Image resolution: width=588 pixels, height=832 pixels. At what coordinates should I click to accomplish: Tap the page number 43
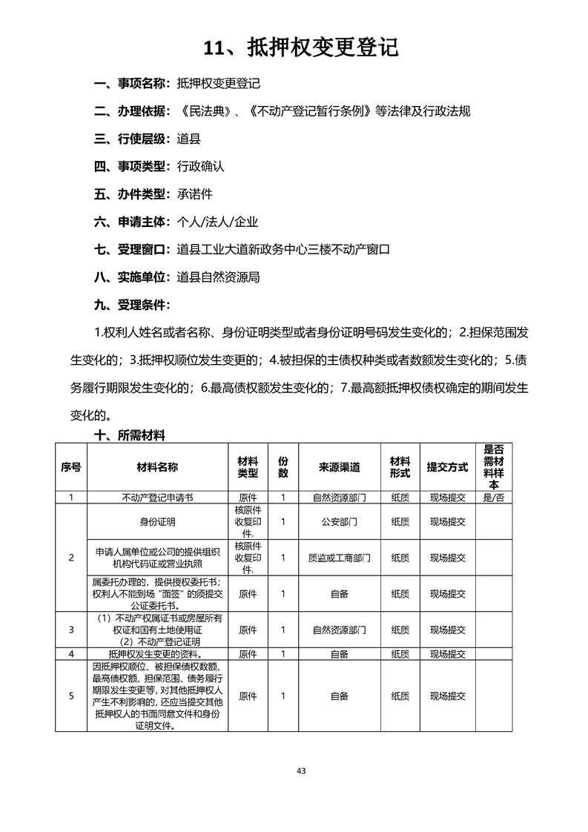pyautogui.click(x=301, y=770)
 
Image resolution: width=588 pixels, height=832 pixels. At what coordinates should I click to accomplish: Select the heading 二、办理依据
pyautogui.click(x=131, y=111)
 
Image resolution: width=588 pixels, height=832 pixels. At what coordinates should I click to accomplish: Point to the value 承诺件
pyautogui.click(x=195, y=194)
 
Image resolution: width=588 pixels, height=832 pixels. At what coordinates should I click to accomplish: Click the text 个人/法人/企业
pyautogui.click(x=217, y=222)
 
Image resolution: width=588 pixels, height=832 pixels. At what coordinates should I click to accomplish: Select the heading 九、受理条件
pyautogui.click(x=131, y=305)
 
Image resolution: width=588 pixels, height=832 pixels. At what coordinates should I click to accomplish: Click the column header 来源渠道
pyautogui.click(x=339, y=467)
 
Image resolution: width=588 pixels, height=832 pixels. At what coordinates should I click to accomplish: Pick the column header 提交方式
pyautogui.click(x=447, y=467)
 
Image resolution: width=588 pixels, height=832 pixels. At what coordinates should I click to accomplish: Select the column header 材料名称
pyautogui.click(x=157, y=467)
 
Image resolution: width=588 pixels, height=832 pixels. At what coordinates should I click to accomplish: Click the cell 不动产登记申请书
pyautogui.click(x=157, y=498)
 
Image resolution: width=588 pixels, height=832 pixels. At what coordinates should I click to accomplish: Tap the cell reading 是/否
pyautogui.click(x=493, y=498)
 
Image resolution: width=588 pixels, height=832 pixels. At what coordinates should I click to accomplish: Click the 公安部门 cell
pyautogui.click(x=339, y=522)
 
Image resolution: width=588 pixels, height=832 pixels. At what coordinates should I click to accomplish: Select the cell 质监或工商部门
pyautogui.click(x=339, y=558)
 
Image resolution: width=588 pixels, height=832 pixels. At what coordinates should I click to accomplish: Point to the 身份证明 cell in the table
pyautogui.click(x=157, y=522)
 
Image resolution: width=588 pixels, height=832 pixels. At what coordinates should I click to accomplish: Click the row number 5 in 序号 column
pyautogui.click(x=71, y=696)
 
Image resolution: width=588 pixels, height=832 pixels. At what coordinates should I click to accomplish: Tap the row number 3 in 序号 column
pyautogui.click(x=71, y=630)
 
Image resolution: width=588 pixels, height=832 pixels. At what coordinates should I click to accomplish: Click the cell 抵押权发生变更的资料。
pyautogui.click(x=157, y=654)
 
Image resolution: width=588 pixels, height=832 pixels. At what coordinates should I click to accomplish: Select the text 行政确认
pyautogui.click(x=201, y=167)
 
